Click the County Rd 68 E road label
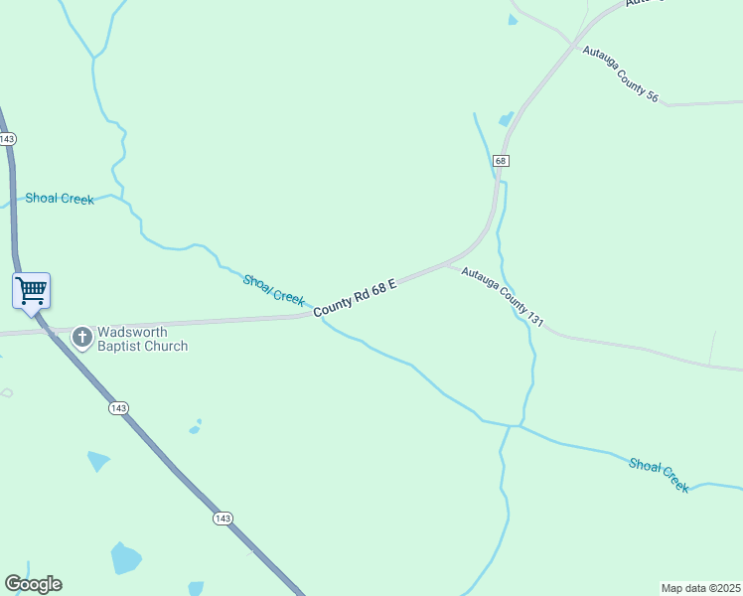(x=356, y=298)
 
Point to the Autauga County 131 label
(x=503, y=296)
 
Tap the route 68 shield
(x=501, y=160)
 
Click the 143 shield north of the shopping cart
(x=9, y=138)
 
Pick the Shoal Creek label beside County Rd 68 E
(x=274, y=290)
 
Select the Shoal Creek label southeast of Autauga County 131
(x=659, y=475)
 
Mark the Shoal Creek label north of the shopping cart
(x=60, y=199)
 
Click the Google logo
(x=33, y=584)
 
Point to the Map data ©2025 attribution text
(x=701, y=587)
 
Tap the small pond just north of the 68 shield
(x=507, y=119)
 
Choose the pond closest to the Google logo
(x=125, y=558)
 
